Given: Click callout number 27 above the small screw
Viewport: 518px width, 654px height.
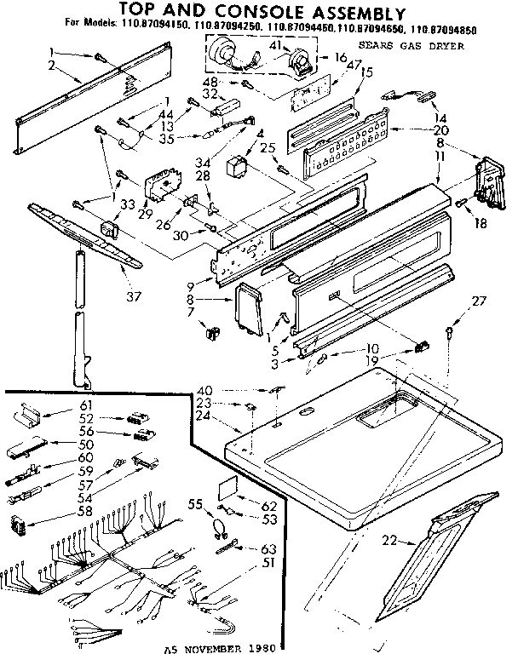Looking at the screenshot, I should tap(456, 300).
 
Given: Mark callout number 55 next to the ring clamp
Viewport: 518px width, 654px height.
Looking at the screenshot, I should tap(193, 505).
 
